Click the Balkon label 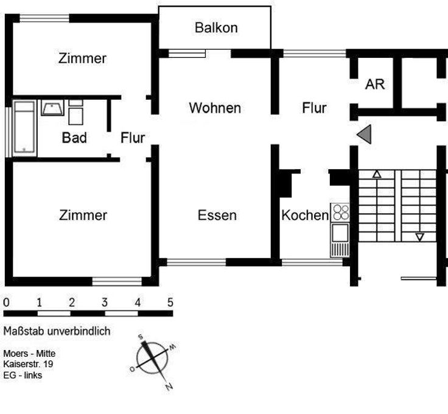(216, 28)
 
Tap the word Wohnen (215, 108)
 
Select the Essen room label (217, 216)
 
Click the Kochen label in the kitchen (304, 216)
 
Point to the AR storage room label (375, 85)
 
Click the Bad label (74, 138)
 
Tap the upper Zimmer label (83, 59)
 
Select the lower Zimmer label (83, 216)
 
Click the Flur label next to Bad (132, 138)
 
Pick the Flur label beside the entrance (314, 108)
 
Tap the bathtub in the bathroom (24, 127)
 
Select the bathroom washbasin (52, 108)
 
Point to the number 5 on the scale (170, 303)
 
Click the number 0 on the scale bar (6, 303)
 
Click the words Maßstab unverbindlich (57, 332)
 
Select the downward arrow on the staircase (419, 236)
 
